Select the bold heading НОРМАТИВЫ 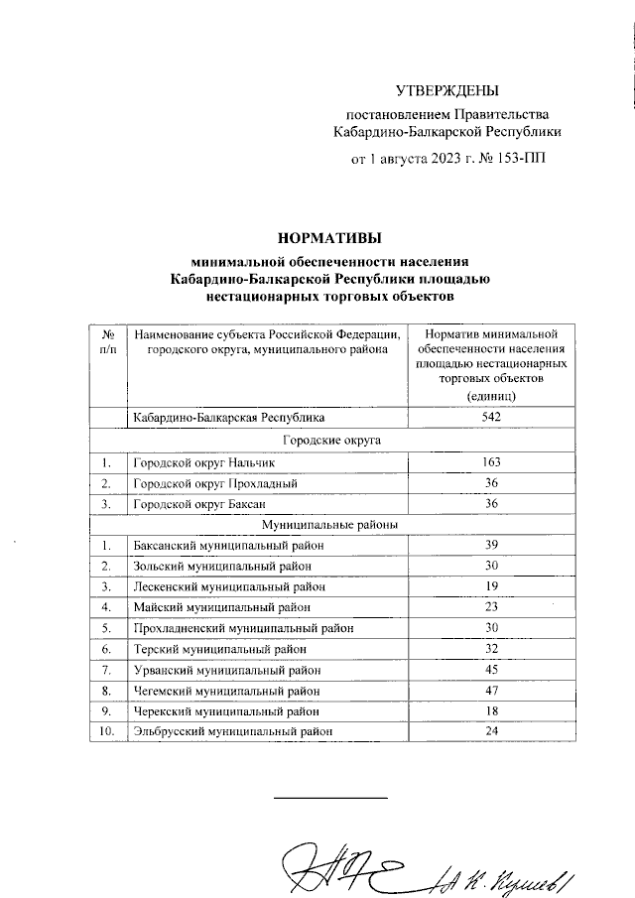(x=328, y=238)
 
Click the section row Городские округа (x=331, y=441)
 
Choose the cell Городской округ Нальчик (x=196, y=462)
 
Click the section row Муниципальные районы (x=331, y=524)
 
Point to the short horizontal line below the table (x=330, y=798)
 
